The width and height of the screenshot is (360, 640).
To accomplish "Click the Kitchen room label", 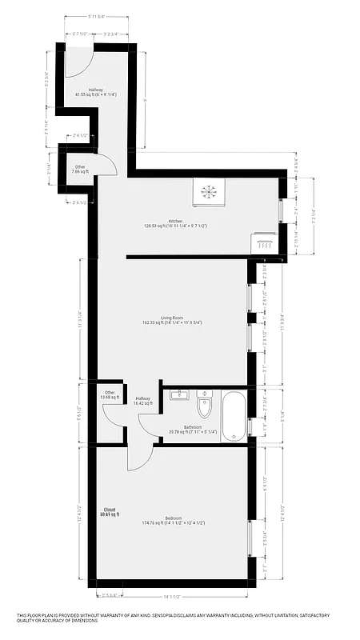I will pos(175,222).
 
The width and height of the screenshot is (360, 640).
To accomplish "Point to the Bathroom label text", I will pos(192,427).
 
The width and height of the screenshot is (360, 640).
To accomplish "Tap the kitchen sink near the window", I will pos(263,242).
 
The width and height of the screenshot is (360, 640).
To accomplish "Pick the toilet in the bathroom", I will pos(204,405).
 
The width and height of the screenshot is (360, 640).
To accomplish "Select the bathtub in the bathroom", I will pos(234,415).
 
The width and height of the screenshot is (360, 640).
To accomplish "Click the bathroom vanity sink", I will pos(179,395).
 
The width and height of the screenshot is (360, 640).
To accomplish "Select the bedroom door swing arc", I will pos(140,458).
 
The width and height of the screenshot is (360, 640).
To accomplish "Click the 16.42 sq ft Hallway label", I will pos(143,402).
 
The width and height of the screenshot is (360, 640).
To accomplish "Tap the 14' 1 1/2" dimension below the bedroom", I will pos(172,596).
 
